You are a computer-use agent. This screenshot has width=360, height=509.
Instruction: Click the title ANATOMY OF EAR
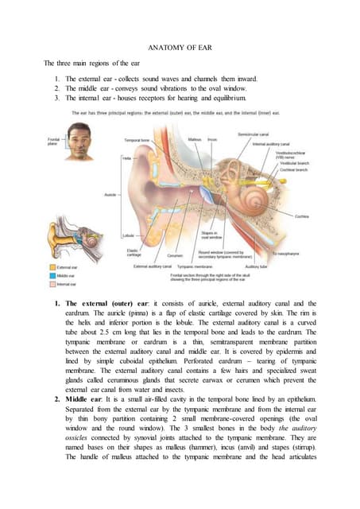180,46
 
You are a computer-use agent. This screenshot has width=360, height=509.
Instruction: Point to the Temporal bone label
138,140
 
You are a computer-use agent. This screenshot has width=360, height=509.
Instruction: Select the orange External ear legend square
52,267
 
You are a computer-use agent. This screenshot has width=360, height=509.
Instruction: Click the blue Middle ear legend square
52,275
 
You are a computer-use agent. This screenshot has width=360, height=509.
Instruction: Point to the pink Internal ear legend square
52,283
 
